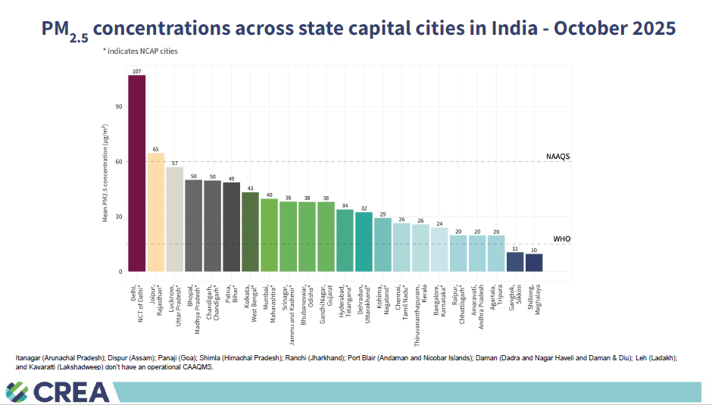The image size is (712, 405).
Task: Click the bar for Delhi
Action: point(136,173)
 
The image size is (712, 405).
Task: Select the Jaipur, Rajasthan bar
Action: point(155,212)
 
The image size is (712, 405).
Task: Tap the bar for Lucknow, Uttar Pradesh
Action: point(174,219)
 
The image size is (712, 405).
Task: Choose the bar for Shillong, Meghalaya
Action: point(534,262)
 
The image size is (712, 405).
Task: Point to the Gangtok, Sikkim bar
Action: point(515,261)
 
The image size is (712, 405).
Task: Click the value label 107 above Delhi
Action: point(136,71)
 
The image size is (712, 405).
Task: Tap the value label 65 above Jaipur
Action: point(155,149)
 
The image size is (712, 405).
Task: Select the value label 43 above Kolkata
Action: point(250,188)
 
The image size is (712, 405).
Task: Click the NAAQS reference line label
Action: point(557,157)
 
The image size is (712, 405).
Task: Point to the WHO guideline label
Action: point(561,239)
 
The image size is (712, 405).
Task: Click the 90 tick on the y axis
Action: point(119,107)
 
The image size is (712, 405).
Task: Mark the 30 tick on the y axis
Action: point(119,217)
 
